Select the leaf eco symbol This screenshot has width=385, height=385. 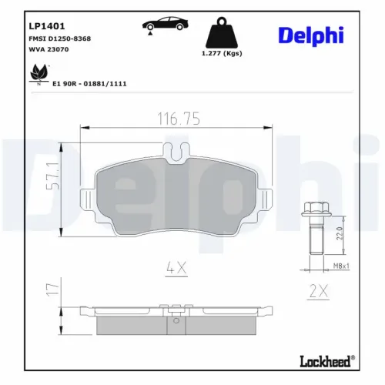click(36, 73)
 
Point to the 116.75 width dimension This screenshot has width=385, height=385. click(179, 119)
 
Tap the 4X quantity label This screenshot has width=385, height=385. click(179, 269)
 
